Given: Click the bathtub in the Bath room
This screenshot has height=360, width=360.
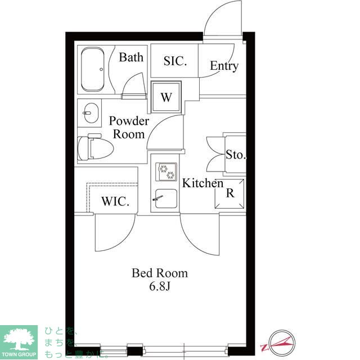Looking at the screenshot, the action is (x=93, y=69).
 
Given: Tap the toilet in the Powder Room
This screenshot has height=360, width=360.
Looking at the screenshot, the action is (x=95, y=147).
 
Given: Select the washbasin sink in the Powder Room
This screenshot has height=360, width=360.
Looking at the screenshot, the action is (x=91, y=113).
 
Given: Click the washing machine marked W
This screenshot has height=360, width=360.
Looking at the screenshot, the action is (x=166, y=97).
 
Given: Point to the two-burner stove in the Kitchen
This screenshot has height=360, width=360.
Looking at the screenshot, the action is (x=166, y=172).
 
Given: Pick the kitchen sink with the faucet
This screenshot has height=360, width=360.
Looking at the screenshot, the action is (x=166, y=199).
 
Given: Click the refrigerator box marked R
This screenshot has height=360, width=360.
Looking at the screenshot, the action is (x=229, y=193).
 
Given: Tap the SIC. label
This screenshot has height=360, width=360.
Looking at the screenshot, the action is (x=175, y=61).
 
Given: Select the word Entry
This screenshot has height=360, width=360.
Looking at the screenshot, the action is (x=224, y=66).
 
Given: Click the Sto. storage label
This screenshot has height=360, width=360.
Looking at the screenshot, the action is (x=236, y=155).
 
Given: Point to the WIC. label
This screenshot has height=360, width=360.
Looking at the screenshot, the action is (x=115, y=201).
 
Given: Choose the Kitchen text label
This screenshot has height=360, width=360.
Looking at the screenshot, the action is (x=202, y=183).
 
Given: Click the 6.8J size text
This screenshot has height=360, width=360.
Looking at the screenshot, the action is (x=160, y=286).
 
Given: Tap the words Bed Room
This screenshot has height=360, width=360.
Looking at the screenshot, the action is (x=160, y=273).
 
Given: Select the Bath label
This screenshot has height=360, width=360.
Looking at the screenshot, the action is (x=131, y=57).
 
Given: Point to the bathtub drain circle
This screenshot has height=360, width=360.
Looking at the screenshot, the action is (x=101, y=69).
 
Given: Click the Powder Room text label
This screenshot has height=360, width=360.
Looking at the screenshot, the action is (x=129, y=128).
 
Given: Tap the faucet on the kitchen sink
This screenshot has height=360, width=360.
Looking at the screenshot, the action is (x=158, y=198).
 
